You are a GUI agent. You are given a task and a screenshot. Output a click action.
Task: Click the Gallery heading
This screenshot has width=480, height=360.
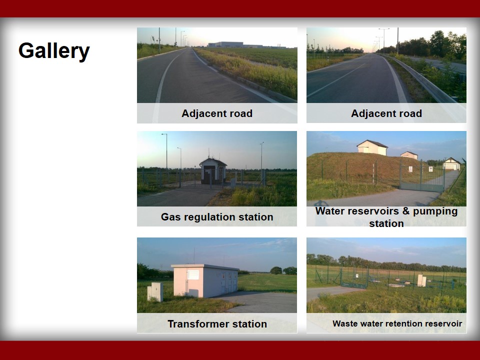click(54, 51)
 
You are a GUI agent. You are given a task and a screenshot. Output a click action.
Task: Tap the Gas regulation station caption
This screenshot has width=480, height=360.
click(217, 216)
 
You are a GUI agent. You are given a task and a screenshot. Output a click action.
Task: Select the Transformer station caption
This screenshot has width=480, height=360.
click(217, 323)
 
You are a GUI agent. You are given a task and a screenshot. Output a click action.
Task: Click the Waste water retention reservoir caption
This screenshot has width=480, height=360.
click(397, 323)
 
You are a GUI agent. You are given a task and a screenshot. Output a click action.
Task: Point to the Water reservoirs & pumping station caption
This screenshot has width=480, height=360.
click(386, 217)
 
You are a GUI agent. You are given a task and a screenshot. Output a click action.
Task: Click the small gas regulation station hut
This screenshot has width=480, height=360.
click(213, 171)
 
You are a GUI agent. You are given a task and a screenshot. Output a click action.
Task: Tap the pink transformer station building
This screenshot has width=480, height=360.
click(205, 280)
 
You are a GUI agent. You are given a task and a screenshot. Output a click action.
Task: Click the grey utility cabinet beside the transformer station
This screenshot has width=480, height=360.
click(155, 291)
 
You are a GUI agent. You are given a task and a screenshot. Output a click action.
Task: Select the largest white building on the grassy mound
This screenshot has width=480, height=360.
click(372, 147)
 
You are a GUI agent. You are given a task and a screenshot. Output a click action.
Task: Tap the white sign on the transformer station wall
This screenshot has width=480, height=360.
click(193, 274)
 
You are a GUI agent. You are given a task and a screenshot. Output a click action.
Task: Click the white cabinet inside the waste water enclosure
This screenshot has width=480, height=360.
click(421, 280)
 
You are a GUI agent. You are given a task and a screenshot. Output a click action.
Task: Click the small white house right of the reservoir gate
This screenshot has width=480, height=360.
click(451, 164)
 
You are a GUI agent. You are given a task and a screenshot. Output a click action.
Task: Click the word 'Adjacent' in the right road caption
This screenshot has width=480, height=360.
click(371, 113)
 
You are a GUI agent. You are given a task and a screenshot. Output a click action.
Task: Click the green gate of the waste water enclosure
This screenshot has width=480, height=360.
click(354, 278)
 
